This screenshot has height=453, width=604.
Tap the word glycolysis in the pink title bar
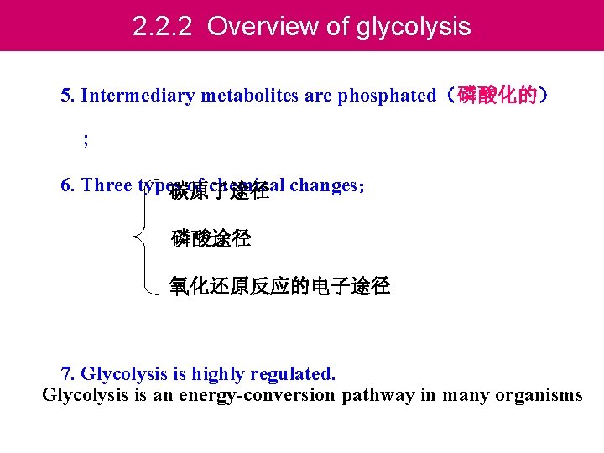(414, 27)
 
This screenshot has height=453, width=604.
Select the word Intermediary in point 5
(134, 95)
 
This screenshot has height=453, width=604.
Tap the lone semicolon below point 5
(86, 141)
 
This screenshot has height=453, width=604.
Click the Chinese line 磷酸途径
(211, 238)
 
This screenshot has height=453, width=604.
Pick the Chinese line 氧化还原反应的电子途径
(279, 287)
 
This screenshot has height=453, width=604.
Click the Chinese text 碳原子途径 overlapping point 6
(219, 192)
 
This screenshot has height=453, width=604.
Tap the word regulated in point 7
(294, 372)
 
